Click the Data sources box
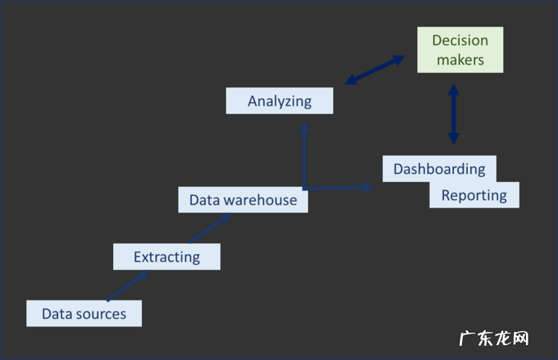click(x=83, y=313)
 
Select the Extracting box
click(x=167, y=257)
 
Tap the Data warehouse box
click(x=243, y=199)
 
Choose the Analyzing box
click(x=279, y=100)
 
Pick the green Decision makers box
click(x=460, y=50)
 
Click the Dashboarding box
click(x=439, y=169)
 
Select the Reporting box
click(x=474, y=195)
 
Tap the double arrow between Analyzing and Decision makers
click(x=374, y=69)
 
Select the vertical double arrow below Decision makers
click(x=453, y=114)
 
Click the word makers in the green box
click(x=460, y=60)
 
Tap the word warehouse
click(x=260, y=199)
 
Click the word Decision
click(x=460, y=40)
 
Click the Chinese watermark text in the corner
click(x=493, y=338)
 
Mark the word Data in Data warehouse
click(x=203, y=199)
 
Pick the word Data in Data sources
click(x=56, y=314)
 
